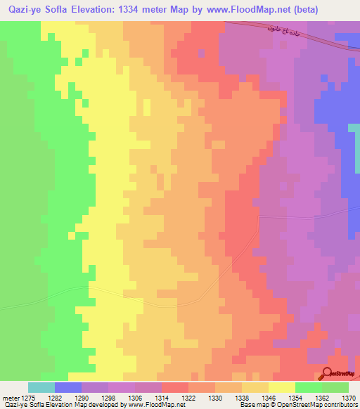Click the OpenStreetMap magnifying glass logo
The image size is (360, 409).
tap(328, 375)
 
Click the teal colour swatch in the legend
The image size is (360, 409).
tap(41, 387)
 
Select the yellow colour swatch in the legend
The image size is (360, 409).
tap(281, 387)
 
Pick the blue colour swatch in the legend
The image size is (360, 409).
tap(67, 387)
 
